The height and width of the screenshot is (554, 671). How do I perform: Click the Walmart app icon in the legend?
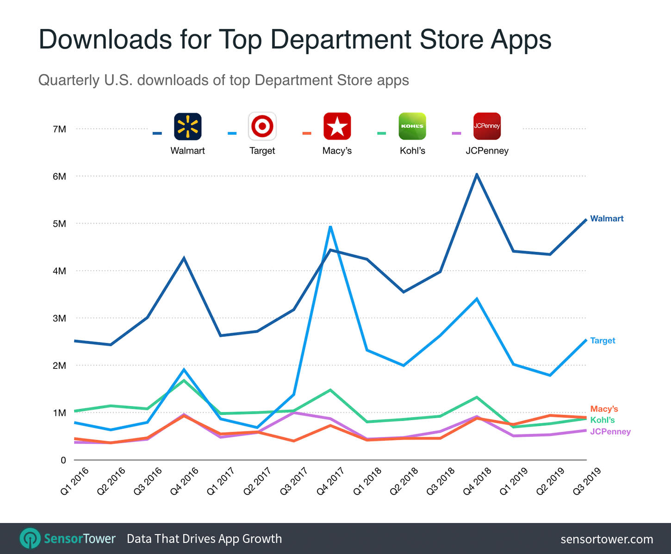click(x=187, y=126)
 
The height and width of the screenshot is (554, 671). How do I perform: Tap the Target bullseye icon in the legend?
click(x=262, y=126)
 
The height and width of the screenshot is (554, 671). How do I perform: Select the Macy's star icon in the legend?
click(x=337, y=126)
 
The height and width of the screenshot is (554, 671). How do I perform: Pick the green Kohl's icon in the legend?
click(x=412, y=126)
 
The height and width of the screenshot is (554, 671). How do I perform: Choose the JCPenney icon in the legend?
click(x=487, y=126)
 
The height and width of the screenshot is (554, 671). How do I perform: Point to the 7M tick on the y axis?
click(x=59, y=129)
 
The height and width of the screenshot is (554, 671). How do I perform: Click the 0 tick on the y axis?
click(x=63, y=460)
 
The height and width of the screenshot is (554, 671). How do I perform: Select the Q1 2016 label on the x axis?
click(x=75, y=481)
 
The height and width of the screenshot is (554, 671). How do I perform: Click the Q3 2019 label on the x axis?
click(x=586, y=481)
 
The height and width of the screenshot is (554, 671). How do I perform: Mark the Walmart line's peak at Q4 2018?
click(x=477, y=174)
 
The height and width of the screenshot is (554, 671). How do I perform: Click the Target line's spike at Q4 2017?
click(x=330, y=227)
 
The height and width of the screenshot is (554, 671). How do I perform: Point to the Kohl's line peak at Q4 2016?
click(x=184, y=380)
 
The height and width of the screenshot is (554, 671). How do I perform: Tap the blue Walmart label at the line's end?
click(x=607, y=218)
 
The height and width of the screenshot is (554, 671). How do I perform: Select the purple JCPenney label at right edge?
click(x=610, y=431)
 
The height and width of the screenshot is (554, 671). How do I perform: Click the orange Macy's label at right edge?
click(x=604, y=409)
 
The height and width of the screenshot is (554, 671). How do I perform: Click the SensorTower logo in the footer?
click(x=68, y=539)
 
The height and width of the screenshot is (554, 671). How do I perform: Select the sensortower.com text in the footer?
click(x=607, y=539)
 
